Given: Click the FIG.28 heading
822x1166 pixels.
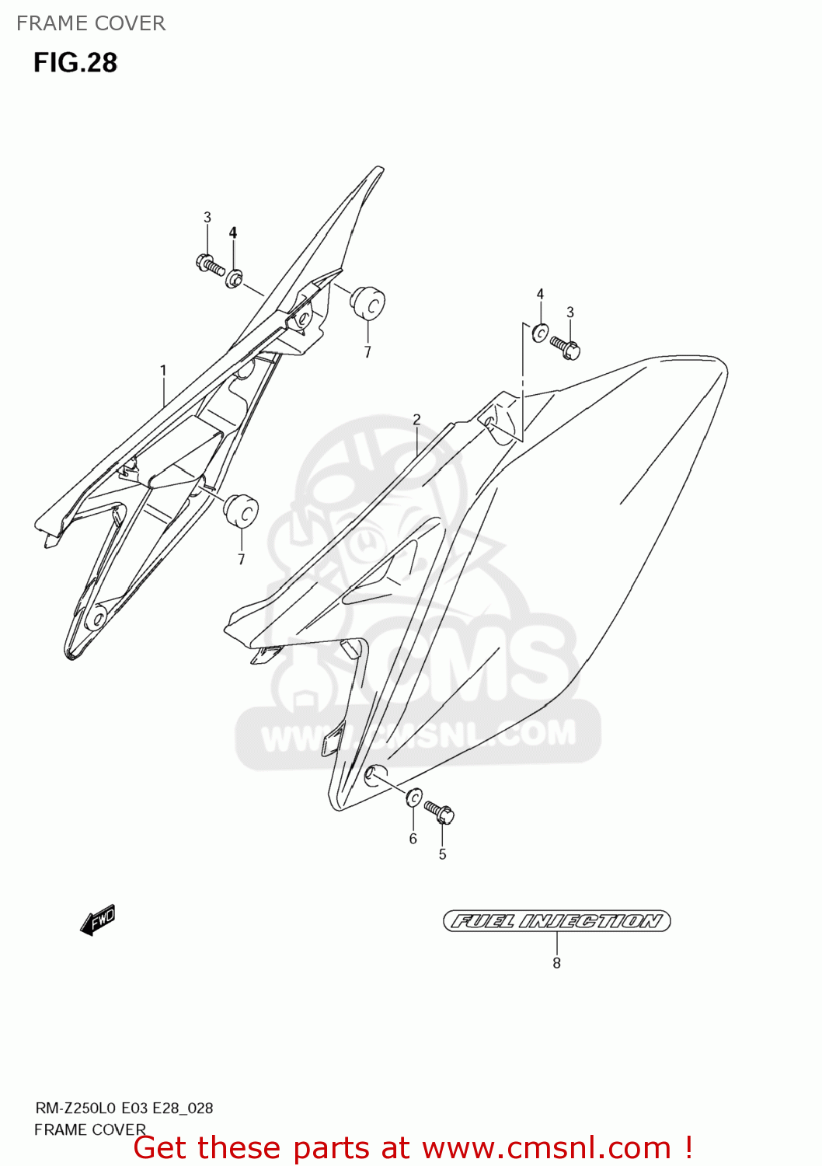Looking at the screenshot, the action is point(75,63).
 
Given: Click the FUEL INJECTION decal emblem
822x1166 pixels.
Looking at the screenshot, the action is point(556,921).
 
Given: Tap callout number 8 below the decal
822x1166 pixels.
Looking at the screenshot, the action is point(556,963).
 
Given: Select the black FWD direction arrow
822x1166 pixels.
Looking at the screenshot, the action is point(98,920).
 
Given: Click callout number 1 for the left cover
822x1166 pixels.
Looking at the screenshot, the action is point(163,371).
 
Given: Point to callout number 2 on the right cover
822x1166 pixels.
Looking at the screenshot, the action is point(416,420).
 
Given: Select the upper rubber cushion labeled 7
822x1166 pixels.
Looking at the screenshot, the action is point(368,302).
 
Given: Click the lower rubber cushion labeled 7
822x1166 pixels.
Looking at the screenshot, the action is point(241,510).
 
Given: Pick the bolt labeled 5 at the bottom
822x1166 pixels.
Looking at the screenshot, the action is point(440,812).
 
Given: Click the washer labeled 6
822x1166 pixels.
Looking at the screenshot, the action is point(414,798).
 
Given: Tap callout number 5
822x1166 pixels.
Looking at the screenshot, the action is point(442,854).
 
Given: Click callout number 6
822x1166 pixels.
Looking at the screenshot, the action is point(413,839).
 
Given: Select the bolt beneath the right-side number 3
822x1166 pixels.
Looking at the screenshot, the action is point(565,347).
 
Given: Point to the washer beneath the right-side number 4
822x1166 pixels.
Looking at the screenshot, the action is point(540,333).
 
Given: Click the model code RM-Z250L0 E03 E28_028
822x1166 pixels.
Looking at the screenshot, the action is point(124,1108).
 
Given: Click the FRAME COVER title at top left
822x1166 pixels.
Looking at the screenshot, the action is point(91,23).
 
